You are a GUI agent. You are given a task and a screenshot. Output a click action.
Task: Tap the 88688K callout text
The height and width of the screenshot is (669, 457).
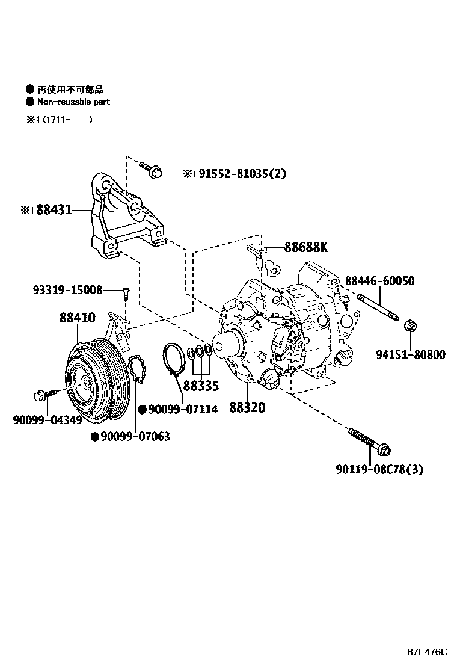(306, 247)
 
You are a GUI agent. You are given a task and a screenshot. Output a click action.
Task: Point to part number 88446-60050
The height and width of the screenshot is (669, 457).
(379, 281)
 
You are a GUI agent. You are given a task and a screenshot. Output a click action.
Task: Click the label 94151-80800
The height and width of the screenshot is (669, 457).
(411, 355)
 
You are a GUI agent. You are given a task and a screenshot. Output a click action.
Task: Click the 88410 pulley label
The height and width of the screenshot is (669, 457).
(77, 318)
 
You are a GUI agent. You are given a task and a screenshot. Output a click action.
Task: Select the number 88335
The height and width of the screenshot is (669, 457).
(201, 386)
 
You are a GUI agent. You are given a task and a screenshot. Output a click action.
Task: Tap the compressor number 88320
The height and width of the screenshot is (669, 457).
(247, 408)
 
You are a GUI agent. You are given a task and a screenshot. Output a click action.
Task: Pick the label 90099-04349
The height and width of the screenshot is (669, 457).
(48, 420)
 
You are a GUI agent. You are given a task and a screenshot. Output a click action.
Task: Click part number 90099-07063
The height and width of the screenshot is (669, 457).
(135, 437)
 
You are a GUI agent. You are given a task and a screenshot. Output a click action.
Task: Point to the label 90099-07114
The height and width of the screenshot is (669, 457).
(183, 410)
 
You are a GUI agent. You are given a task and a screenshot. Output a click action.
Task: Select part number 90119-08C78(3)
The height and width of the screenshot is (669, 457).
(379, 469)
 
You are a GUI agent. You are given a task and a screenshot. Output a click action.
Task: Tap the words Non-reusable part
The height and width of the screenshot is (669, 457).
(74, 102)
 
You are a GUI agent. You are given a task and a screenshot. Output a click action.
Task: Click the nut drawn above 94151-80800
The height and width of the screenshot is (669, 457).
(412, 327)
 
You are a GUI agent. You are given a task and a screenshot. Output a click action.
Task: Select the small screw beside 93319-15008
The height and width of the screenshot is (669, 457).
(126, 293)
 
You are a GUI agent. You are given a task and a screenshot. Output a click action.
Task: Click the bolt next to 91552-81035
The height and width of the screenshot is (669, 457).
(150, 169)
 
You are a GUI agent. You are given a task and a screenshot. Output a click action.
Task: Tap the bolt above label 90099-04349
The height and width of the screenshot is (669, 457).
(43, 395)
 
